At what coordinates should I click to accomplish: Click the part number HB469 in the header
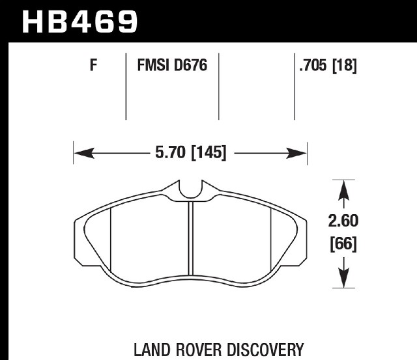point(79,21)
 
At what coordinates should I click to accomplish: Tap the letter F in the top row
point(93,65)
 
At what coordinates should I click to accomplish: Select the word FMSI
point(154,65)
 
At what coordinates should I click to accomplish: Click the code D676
point(190,65)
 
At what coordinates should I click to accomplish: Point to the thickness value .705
point(313,65)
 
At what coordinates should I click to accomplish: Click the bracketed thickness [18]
point(345,65)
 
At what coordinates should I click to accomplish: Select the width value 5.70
point(170,152)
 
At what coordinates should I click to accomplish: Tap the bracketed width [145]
point(208,153)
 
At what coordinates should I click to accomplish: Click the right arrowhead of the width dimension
point(296,153)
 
